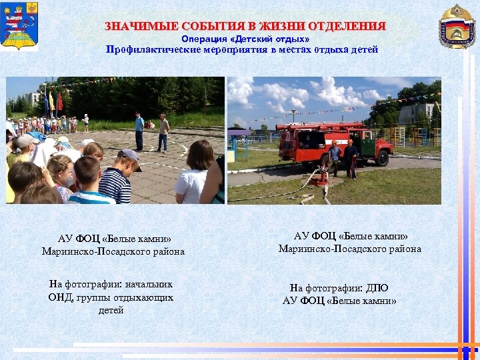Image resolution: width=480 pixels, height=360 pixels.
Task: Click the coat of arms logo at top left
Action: coord(19,27)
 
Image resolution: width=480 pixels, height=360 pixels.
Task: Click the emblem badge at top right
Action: coord(457,26)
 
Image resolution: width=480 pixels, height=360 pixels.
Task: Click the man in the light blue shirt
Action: coord(139,130)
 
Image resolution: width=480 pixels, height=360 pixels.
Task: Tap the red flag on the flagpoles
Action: coord(59,102)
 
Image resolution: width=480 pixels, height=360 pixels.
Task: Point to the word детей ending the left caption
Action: coord(111,310)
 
